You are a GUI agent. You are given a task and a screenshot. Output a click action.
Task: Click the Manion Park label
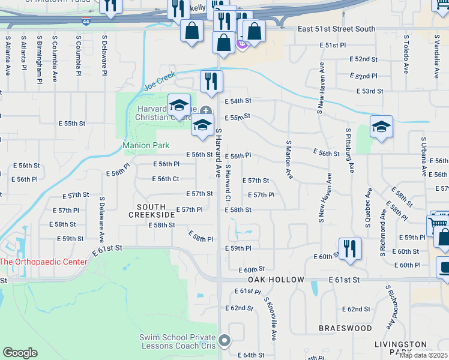tap(146, 145)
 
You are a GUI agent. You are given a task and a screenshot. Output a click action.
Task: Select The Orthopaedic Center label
tap(43, 262)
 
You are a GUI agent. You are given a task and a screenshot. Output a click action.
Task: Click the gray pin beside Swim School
tap(224, 341)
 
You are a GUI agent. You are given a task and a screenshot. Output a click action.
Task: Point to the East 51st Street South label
tap(336, 29)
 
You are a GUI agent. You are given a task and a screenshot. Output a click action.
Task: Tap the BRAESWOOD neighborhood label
tap(345, 328)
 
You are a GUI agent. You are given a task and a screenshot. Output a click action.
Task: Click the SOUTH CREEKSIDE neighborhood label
tap(151, 210)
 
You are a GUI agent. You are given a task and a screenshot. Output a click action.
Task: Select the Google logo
tap(20, 353)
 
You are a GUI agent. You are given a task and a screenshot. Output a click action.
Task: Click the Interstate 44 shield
tap(88, 22)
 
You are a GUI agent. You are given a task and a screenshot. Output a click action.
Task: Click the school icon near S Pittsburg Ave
tap(381, 127)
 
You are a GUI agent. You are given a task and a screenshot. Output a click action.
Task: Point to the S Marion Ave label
tap(289, 160)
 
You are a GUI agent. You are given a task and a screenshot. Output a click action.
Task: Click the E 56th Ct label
tap(165, 179)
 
